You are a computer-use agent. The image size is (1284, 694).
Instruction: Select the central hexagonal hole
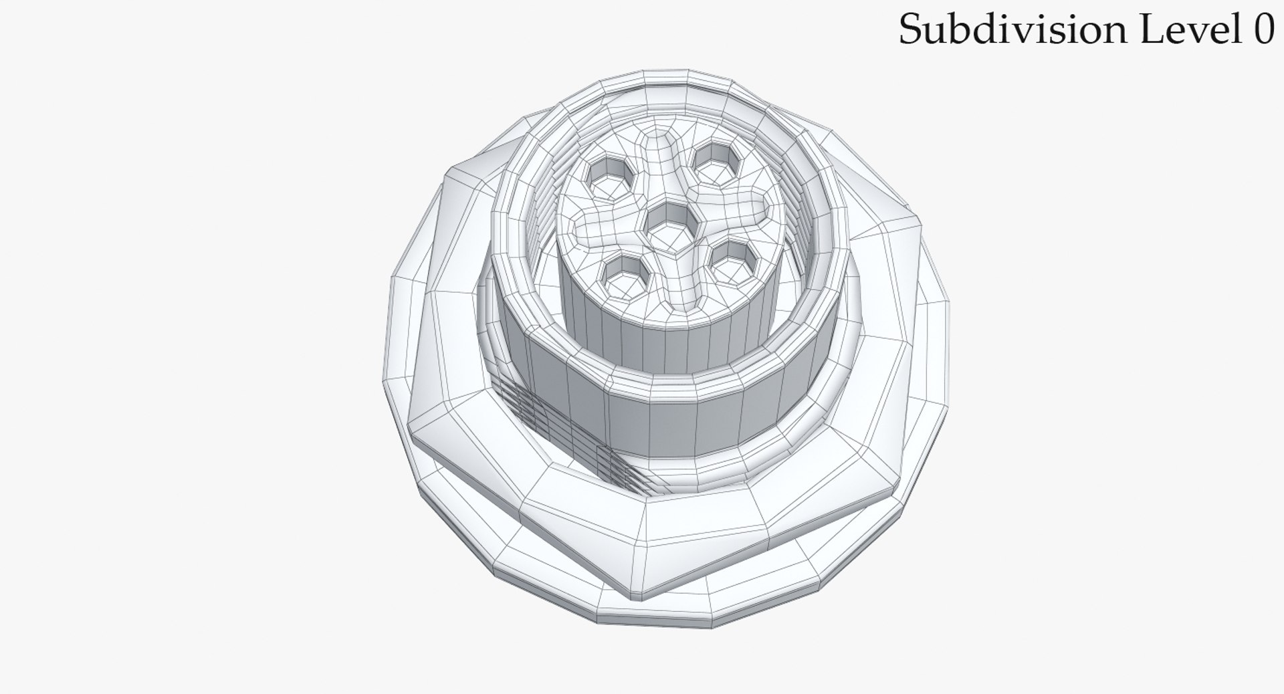pyautogui.click(x=667, y=226)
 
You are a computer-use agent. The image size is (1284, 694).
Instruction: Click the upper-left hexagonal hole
pyautogui.click(x=608, y=178)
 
